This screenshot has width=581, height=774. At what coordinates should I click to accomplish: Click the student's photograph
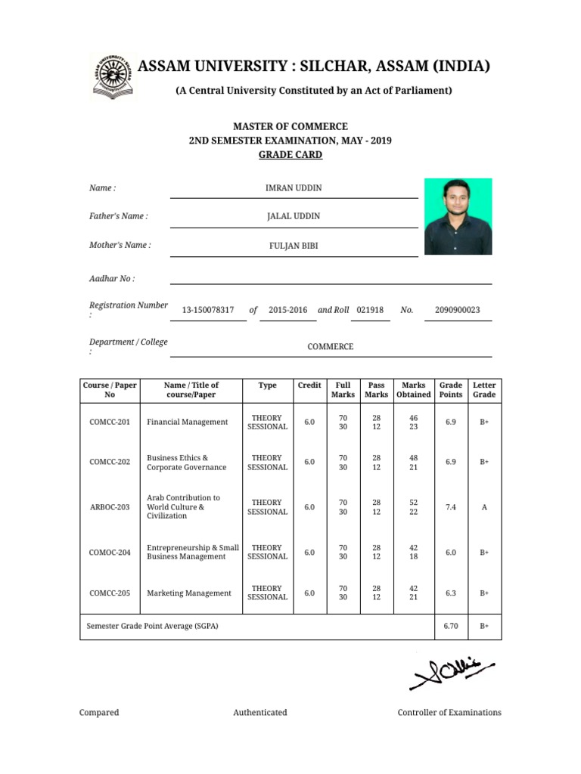pos(458,216)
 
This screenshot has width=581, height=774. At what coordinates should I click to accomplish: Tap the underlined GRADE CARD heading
pos(290,155)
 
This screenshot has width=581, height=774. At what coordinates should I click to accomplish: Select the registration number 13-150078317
pos(208,310)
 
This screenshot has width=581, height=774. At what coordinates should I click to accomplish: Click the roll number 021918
pos(370,310)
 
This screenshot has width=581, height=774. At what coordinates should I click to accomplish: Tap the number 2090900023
pos(458,310)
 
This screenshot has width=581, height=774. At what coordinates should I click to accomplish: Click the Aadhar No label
pos(112,279)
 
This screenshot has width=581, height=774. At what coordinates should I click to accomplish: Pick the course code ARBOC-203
pos(110,507)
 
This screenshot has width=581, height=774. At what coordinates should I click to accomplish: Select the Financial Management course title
pos(187,422)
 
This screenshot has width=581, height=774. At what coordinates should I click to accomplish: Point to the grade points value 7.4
pos(451,507)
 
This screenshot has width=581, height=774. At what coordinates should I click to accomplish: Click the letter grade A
pos(484,507)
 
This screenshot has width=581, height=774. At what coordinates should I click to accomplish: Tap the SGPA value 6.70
pos(451,627)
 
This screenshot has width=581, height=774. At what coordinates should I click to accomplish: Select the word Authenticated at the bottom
pos(260,712)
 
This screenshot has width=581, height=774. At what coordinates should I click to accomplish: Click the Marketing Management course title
pos(189,593)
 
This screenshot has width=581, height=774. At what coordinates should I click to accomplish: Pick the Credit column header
pos(309,385)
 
